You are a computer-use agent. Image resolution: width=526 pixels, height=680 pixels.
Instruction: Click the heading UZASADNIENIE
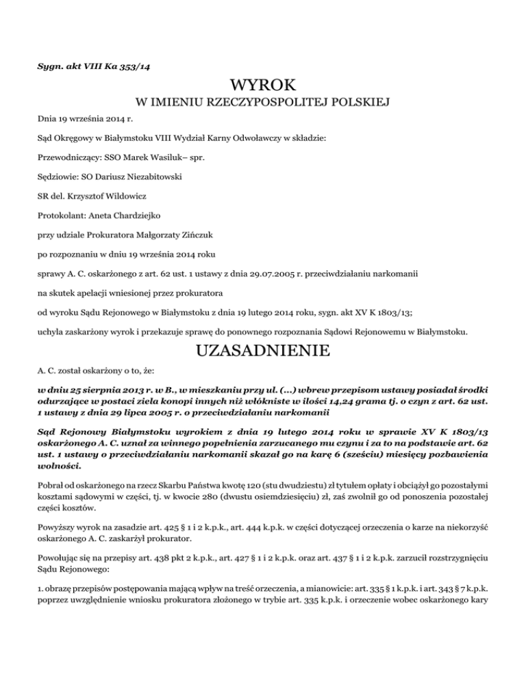click(x=264, y=353)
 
